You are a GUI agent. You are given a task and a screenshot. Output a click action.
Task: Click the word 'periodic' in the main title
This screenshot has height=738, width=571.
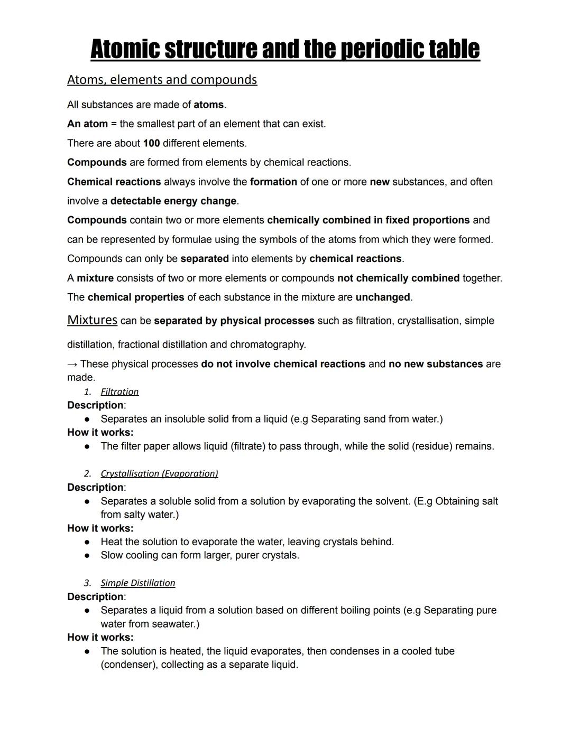[x=382, y=49]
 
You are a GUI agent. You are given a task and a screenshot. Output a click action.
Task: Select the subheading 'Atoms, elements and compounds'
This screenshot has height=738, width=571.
[x=162, y=80]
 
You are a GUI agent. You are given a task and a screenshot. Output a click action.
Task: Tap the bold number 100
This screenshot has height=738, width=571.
[x=151, y=143]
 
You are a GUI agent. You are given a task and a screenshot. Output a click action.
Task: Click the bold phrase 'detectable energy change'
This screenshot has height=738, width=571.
[x=173, y=201]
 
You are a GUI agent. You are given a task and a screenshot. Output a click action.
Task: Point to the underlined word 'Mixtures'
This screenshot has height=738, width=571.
[x=92, y=320]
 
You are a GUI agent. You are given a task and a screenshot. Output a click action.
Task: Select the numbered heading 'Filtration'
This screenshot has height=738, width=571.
[x=119, y=391]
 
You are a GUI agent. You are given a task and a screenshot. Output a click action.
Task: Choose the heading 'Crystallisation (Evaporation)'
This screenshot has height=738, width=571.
[x=159, y=473]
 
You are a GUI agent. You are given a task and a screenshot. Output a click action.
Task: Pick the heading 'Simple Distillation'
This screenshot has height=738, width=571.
[x=137, y=583]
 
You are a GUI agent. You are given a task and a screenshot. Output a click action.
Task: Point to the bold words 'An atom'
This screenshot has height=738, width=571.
[x=87, y=124]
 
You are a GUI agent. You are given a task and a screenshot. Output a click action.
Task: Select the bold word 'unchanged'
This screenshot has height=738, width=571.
[x=383, y=297]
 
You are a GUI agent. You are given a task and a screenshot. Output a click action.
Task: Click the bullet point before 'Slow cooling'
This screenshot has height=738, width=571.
[x=87, y=555]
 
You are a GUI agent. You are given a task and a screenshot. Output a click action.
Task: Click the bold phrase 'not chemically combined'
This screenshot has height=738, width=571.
[x=398, y=278]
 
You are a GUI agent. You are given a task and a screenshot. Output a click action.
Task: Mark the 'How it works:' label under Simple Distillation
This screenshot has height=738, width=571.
[x=100, y=637]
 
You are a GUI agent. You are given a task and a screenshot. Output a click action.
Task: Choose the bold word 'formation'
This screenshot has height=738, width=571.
[x=273, y=182]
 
